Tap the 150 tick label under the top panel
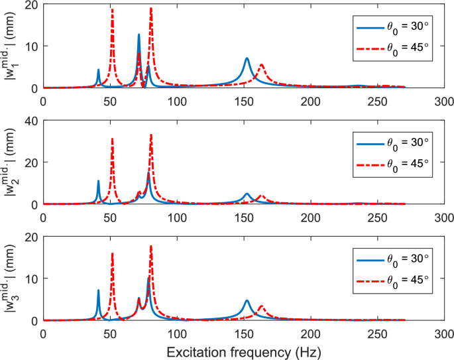click(x=243, y=101)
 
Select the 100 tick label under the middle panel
click(x=176, y=217)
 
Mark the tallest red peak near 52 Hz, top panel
click(x=112, y=10)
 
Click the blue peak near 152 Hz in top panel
click(x=247, y=58)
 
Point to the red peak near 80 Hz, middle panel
click(x=151, y=135)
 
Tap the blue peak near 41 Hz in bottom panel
click(x=98, y=290)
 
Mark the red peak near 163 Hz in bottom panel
click(x=261, y=306)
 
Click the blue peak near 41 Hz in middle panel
click(x=98, y=181)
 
